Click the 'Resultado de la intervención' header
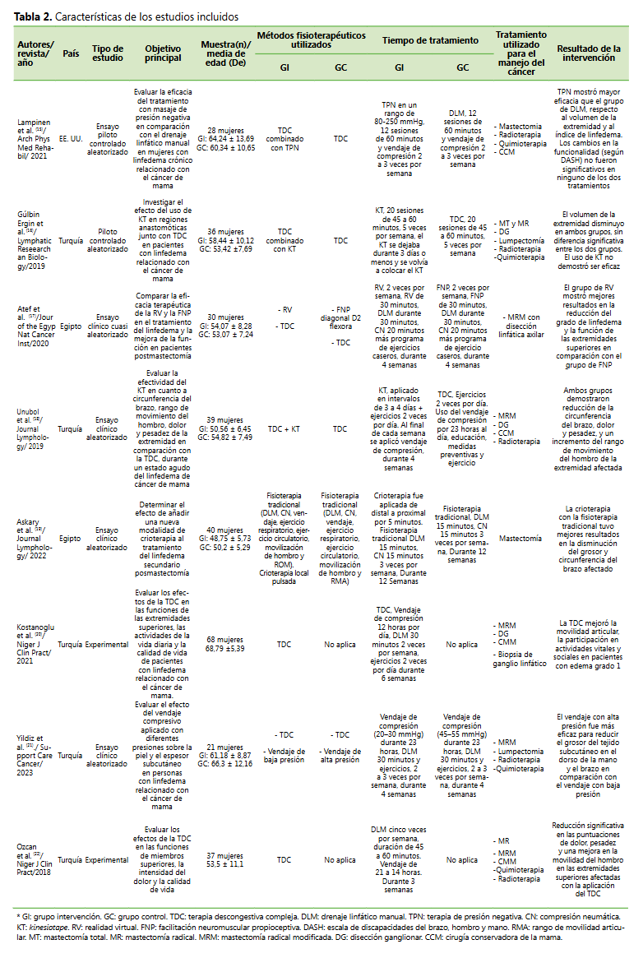tap(588, 53)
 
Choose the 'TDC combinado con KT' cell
tap(284, 241)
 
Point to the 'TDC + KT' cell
tap(284, 428)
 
